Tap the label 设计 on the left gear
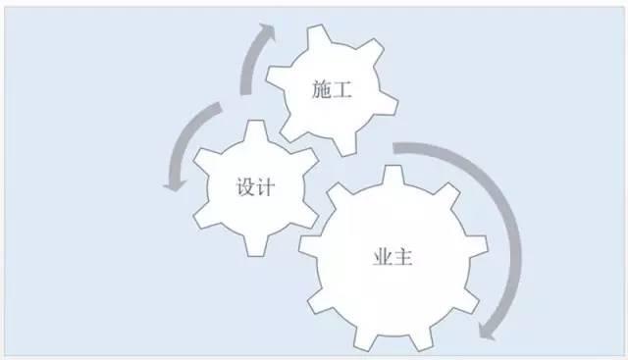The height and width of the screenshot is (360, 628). pyautogui.click(x=255, y=186)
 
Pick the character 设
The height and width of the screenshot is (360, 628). pyautogui.click(x=245, y=186)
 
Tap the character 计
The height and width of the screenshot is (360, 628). pyautogui.click(x=265, y=186)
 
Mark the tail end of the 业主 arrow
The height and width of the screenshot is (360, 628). pyautogui.click(x=398, y=148)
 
